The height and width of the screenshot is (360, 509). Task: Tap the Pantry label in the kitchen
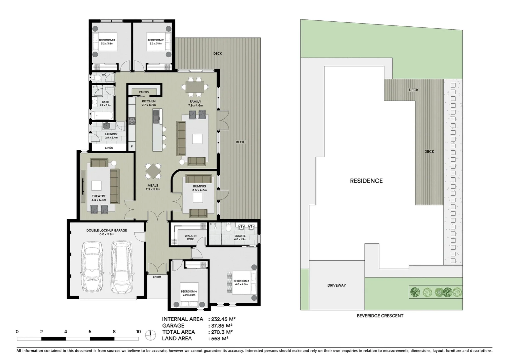pos(144,92)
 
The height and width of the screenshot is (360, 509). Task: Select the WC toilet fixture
pos(97,78)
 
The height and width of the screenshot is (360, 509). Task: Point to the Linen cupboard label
pos(109,148)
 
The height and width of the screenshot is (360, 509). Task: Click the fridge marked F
pos(132,146)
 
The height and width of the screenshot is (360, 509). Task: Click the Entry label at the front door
pos(157,277)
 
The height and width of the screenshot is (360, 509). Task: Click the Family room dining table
pos(195,87)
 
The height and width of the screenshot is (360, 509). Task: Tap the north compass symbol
pos(151,335)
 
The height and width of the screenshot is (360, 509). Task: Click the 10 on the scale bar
pos(138,332)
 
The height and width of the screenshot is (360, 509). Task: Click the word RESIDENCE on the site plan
pos(366,181)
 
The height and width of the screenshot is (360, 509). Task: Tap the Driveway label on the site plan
pos(336,285)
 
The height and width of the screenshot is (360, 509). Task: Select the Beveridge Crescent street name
pos(380,316)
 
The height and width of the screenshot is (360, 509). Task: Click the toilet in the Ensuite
pos(229,227)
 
